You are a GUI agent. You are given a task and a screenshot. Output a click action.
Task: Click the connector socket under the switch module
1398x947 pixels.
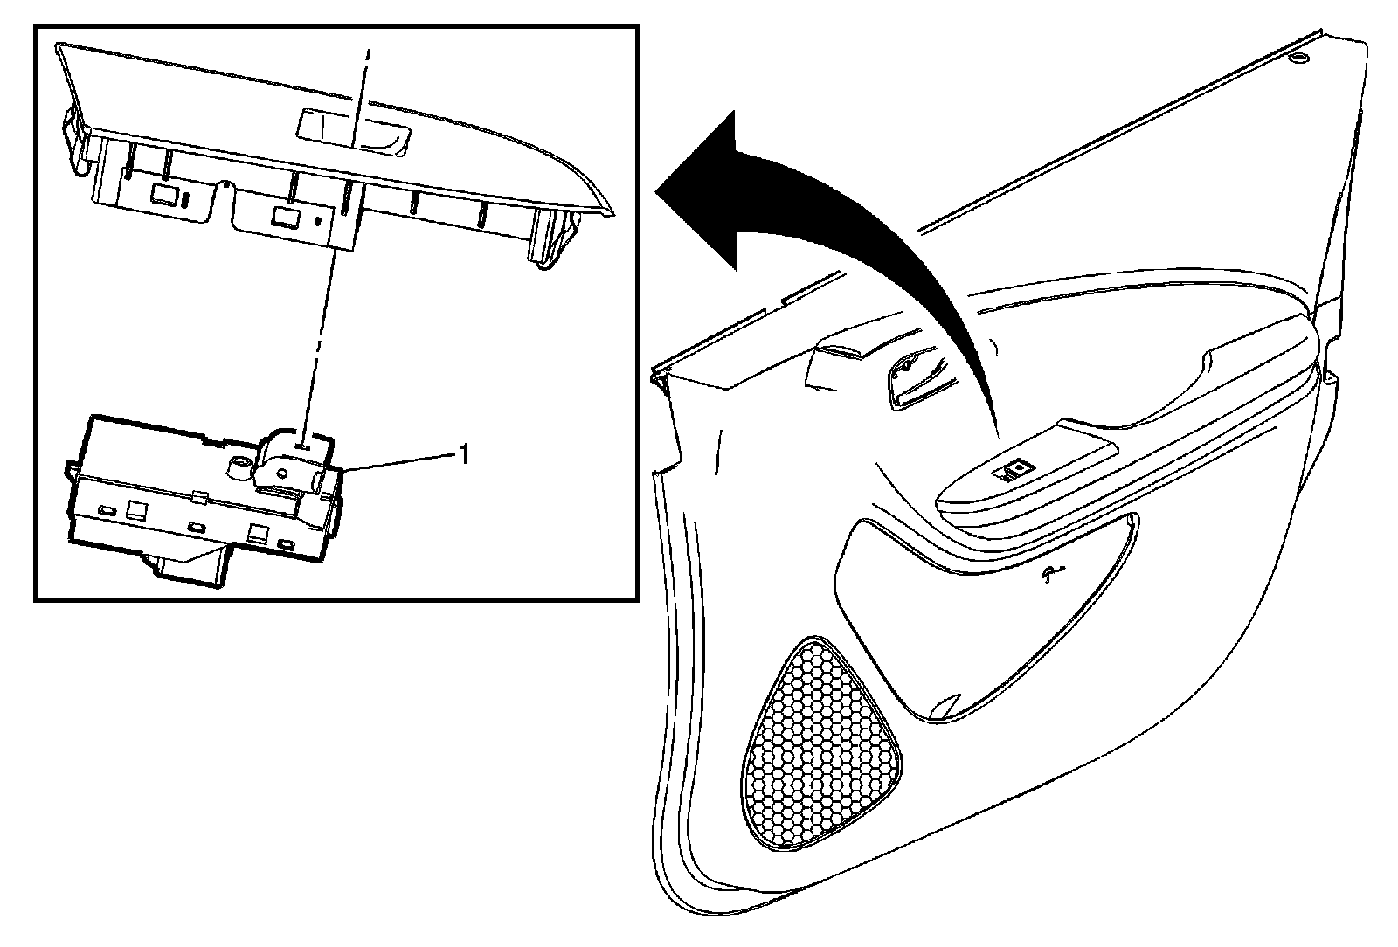click(192, 567)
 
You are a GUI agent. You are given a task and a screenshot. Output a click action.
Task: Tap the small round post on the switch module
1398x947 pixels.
click(236, 467)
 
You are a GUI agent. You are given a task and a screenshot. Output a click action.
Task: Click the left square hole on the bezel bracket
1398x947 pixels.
click(163, 193)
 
